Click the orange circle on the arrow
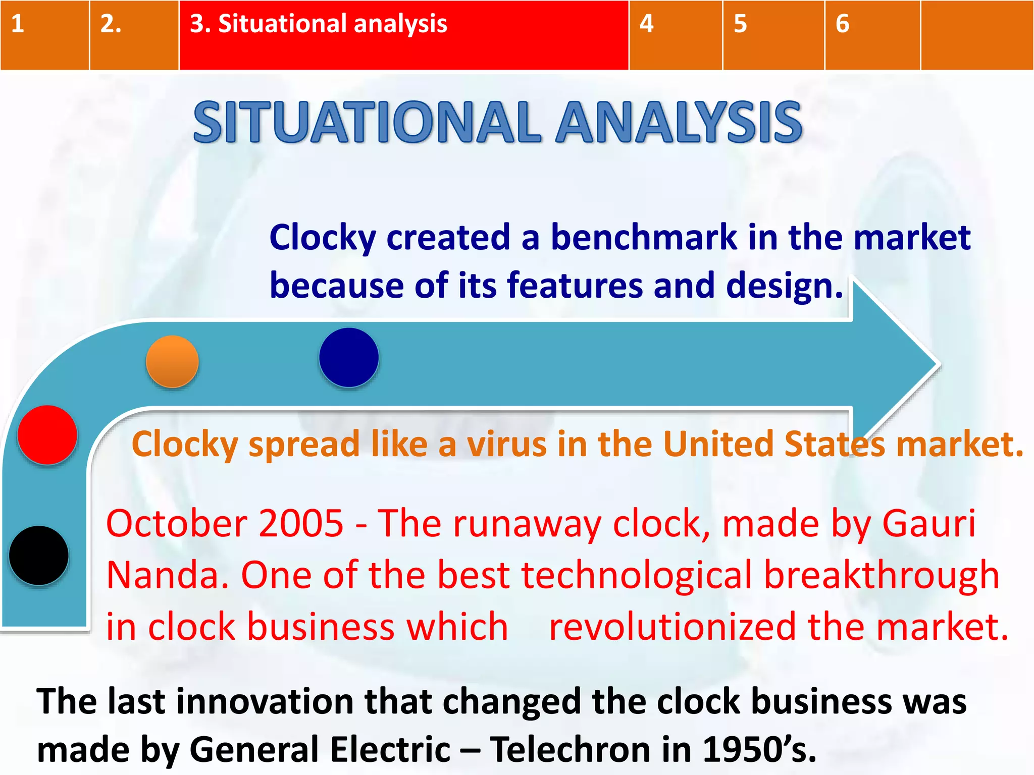coord(172,361)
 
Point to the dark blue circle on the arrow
coord(349,357)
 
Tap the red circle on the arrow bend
coord(47,434)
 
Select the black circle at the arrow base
coord(39,556)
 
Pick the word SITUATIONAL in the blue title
coord(367,122)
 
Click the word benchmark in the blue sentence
coord(644,237)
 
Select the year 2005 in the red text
coord(301,524)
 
